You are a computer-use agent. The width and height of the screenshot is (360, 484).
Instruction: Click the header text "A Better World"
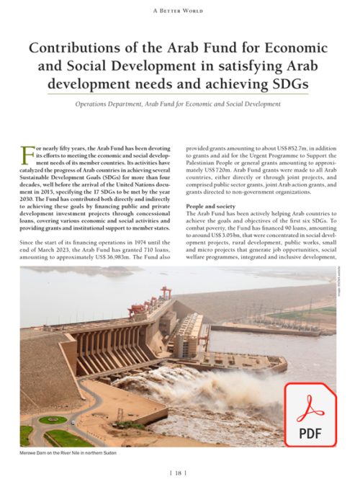(x=179, y=10)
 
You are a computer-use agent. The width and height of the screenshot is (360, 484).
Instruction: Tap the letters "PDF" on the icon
(x=309, y=433)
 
